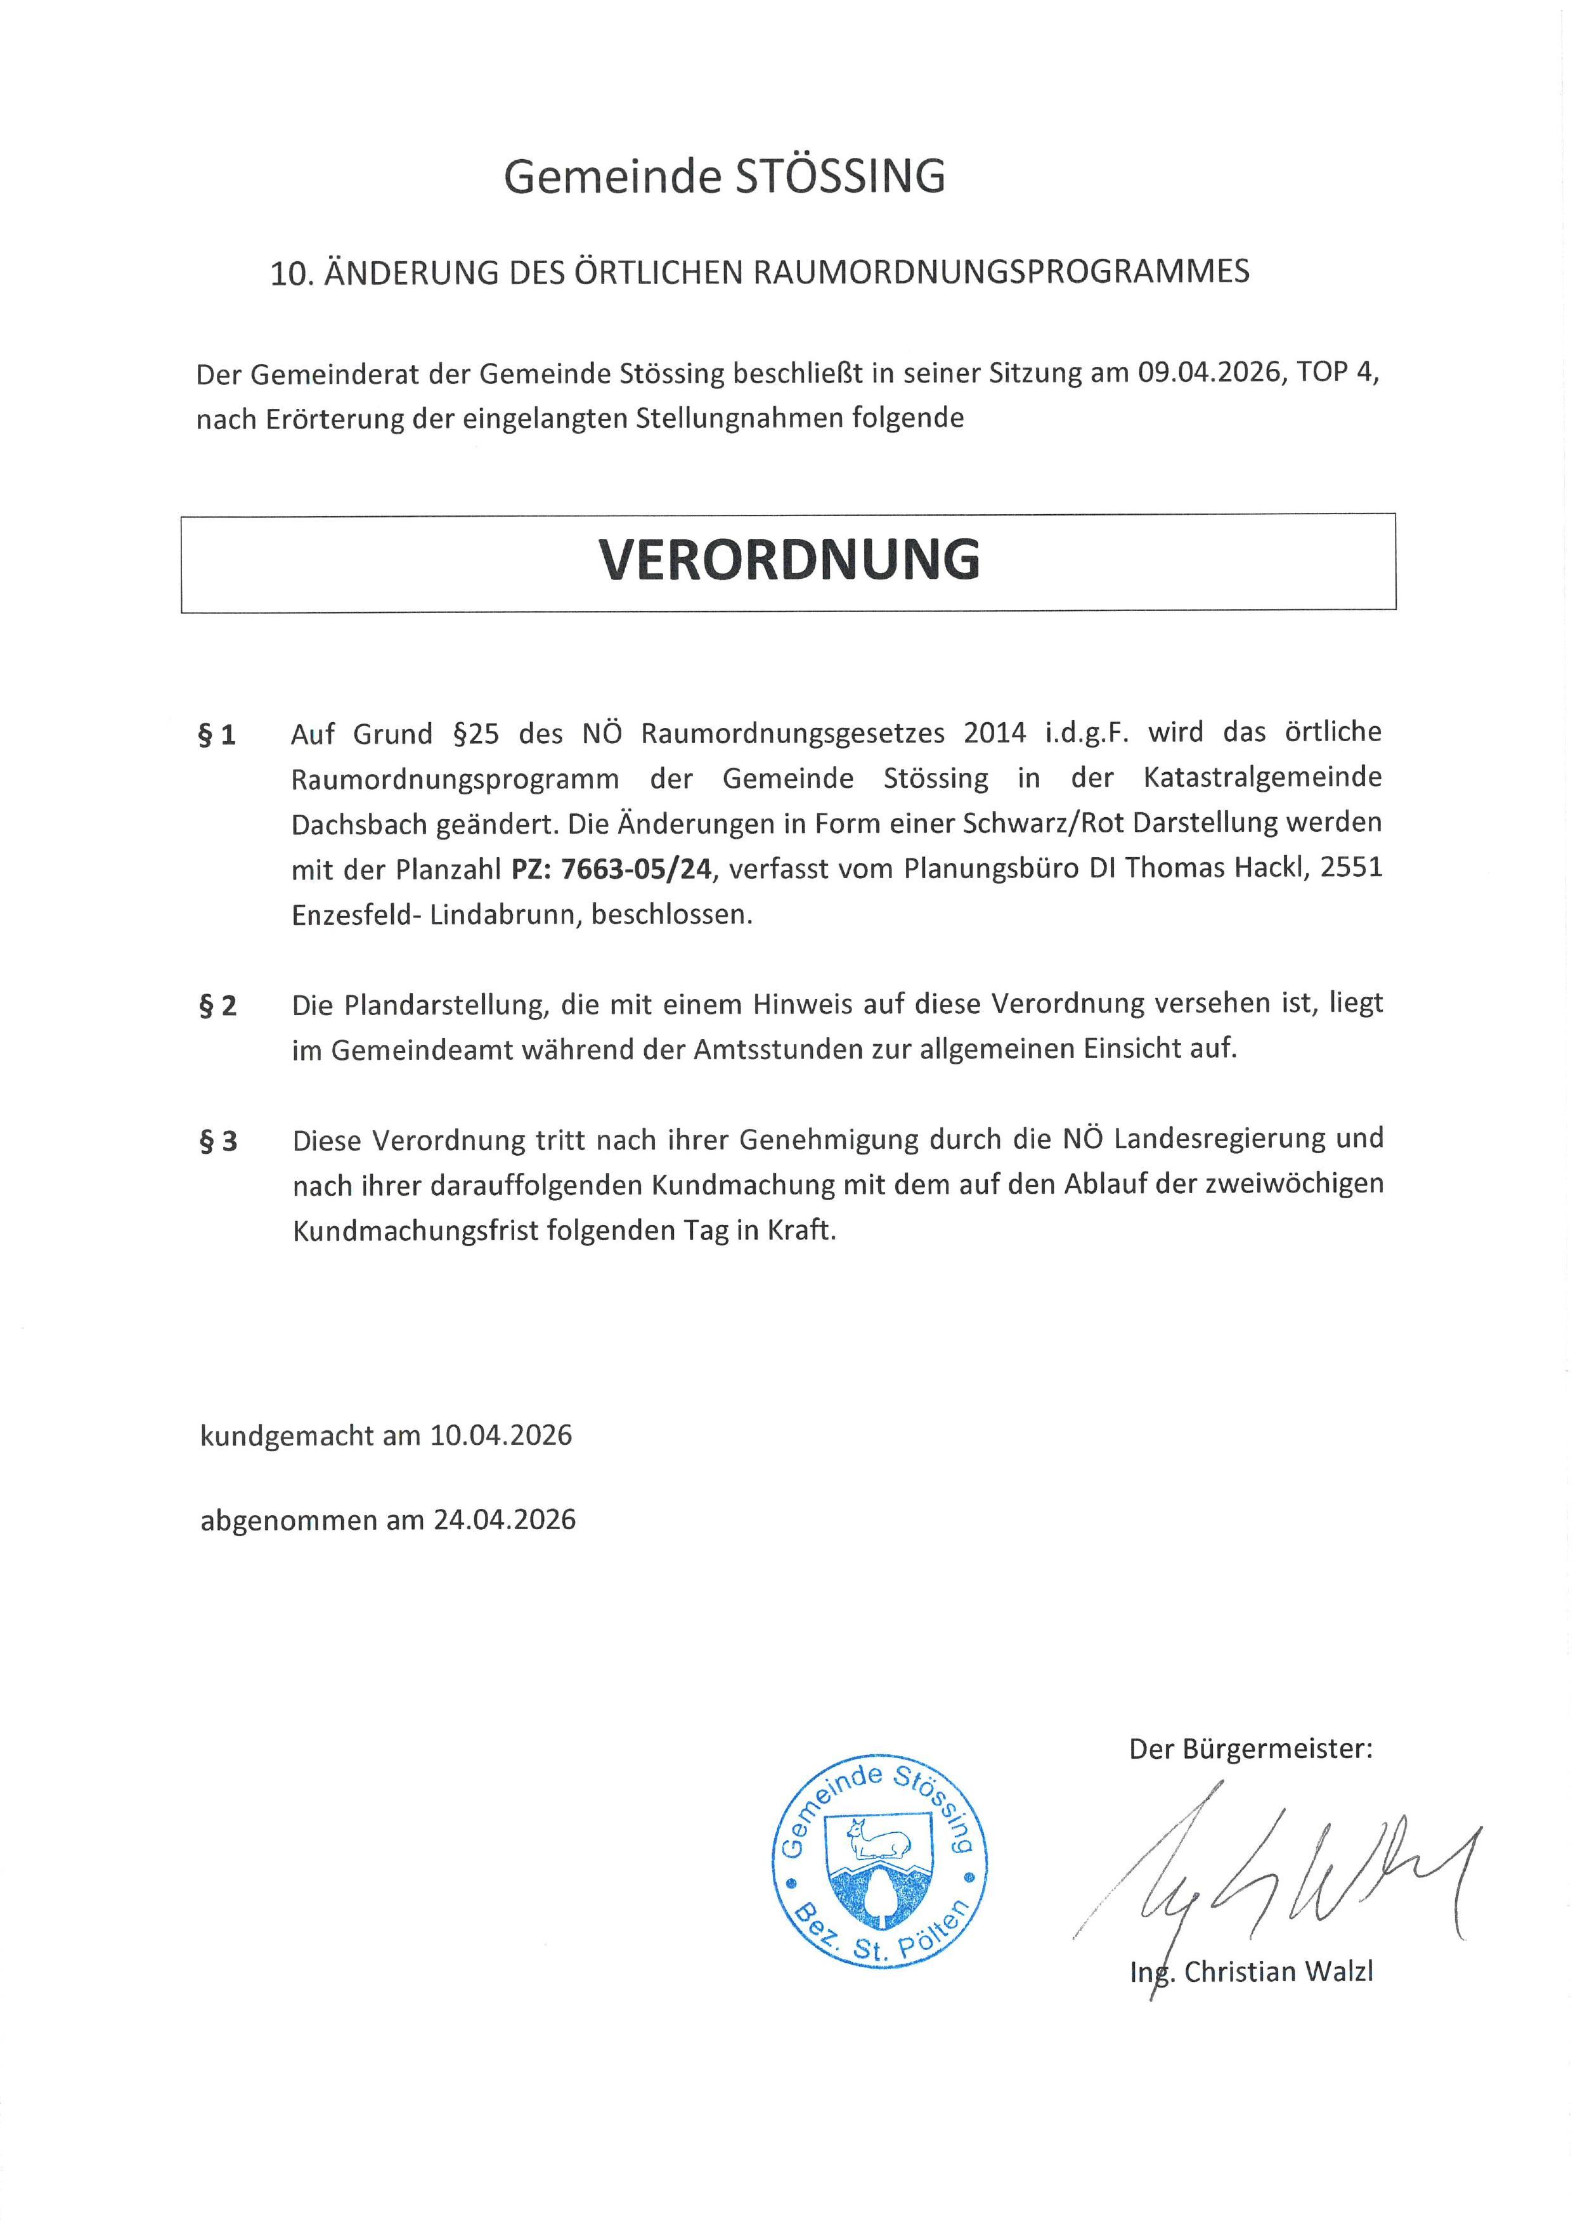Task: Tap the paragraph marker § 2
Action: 217,1006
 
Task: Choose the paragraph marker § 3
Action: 217,1142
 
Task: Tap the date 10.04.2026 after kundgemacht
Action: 501,1435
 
